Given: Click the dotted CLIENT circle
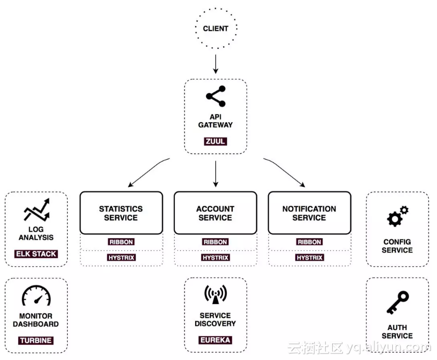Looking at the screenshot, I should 215,29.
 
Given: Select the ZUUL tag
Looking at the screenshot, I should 215,141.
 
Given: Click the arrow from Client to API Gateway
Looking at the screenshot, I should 215,64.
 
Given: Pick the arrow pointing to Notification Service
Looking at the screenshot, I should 284,172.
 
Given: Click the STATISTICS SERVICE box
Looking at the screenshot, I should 121,213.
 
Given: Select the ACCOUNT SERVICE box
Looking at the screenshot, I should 215,213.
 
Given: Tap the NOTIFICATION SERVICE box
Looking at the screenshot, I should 309,213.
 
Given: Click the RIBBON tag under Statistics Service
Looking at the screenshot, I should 121,242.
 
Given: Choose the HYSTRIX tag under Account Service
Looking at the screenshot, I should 215,258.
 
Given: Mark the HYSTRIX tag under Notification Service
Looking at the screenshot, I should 309,258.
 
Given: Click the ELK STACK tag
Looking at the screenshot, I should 36,254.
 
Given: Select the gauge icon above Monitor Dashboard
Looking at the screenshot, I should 36,296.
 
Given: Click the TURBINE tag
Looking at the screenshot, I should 36,340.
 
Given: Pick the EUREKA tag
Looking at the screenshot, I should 215,340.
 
